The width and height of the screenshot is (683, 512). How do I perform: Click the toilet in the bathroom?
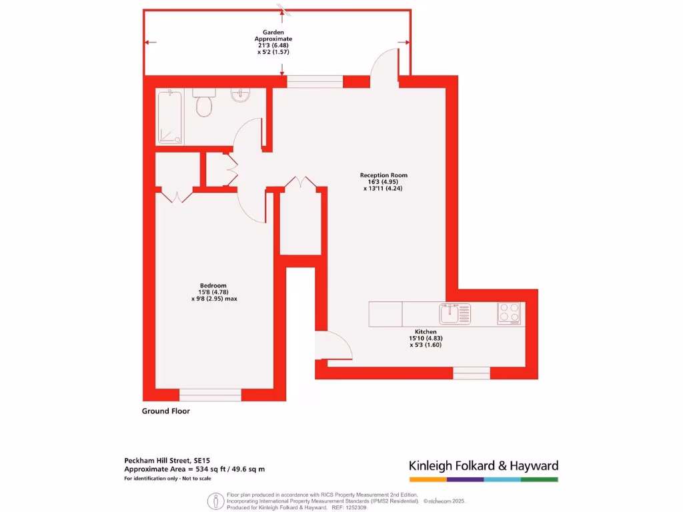tap(203, 104)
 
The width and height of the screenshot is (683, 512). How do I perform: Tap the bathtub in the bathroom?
tap(173, 117)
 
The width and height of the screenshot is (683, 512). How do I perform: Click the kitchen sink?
tap(455, 313)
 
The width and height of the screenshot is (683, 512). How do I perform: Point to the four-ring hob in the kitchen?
tap(509, 313)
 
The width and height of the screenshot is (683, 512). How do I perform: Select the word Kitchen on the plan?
tap(426, 331)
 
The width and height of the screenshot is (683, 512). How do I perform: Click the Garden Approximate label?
tap(273, 35)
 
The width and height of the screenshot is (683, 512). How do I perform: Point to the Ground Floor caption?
tap(165, 411)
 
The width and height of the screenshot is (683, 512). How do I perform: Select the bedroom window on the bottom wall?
tap(210, 395)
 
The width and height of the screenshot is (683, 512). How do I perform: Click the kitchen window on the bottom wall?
tap(472, 373)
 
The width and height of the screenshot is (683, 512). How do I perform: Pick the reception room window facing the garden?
tap(315, 82)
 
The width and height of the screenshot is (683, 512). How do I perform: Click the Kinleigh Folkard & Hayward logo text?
tap(483, 466)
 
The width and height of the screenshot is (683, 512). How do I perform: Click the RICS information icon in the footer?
tap(214, 500)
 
